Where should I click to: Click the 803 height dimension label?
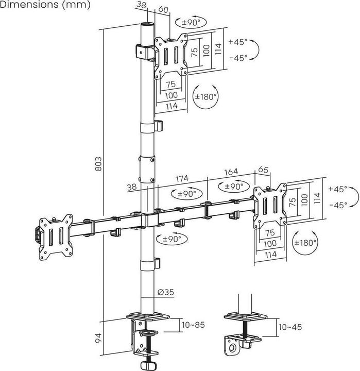tap(98, 163)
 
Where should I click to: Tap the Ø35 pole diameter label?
tap(165, 292)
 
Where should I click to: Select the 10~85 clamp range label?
tap(193, 325)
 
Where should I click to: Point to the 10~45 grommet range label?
tap(290, 327)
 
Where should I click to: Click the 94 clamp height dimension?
tap(98, 338)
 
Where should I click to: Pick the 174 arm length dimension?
tap(182, 179)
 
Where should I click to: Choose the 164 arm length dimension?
tap(231, 172)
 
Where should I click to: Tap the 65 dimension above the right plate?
tap(263, 170)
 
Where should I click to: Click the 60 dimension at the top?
tap(163, 9)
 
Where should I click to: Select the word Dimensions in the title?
tap(29, 4)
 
